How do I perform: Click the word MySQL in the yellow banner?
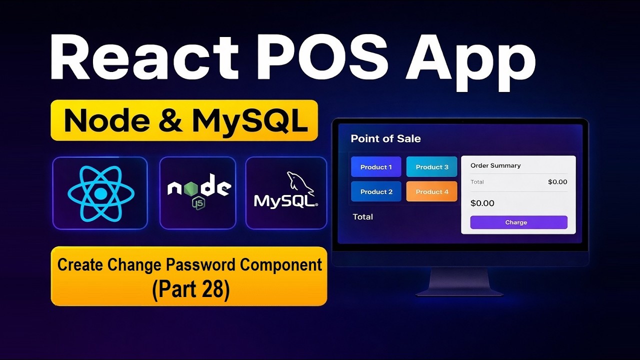[250, 120]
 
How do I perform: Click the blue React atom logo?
[100, 193]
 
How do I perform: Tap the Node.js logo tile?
[198, 193]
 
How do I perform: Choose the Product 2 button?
[376, 191]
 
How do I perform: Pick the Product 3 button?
[432, 167]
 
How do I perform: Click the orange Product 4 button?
[432, 191]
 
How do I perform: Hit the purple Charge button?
[518, 222]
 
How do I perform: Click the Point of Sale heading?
[385, 138]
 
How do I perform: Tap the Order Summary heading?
[495, 165]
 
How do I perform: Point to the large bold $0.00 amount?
[482, 203]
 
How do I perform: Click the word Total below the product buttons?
[362, 216]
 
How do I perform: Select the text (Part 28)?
[190, 290]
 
